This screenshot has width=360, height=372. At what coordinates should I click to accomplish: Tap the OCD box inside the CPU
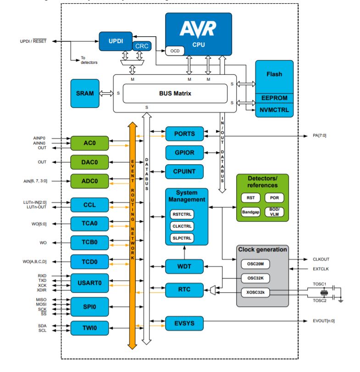click(174, 50)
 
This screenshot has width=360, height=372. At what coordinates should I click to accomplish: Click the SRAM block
click(85, 93)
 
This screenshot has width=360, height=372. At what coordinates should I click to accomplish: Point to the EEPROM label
click(274, 98)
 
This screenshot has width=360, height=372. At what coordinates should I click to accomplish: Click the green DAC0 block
click(90, 162)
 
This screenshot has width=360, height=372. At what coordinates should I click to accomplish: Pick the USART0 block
click(90, 283)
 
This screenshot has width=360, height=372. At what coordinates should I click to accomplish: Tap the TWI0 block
click(90, 328)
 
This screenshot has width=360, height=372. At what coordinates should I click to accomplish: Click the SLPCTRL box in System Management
click(183, 238)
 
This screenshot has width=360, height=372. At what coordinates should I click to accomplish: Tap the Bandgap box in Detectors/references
click(250, 212)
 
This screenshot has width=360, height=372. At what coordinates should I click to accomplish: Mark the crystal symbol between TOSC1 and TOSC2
click(324, 292)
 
